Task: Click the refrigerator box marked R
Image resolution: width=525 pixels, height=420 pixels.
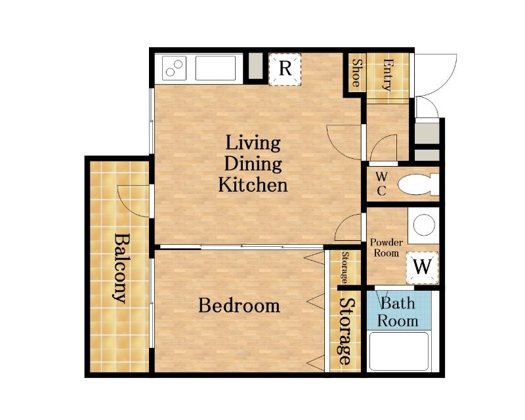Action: point(285,69)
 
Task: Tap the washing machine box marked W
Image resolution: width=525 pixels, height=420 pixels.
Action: point(422,267)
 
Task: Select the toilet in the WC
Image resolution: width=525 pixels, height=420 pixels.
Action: point(418,184)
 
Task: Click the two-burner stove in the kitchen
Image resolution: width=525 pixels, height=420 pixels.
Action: point(174,68)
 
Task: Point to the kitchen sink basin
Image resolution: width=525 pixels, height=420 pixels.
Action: point(215,68)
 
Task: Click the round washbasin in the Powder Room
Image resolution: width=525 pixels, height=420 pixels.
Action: point(424,224)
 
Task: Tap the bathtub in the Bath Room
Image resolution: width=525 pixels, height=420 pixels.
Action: point(399,351)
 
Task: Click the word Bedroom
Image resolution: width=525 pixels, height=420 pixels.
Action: point(240,305)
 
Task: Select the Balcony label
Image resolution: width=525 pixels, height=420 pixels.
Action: point(120,268)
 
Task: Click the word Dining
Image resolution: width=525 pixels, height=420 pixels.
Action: point(253,164)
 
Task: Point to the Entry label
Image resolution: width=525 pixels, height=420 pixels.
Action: point(388,75)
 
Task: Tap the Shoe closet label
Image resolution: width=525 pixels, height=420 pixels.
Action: point(356,73)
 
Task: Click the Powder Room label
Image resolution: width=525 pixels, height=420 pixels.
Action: point(387,247)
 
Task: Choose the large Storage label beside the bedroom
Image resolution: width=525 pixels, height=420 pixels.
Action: point(346,331)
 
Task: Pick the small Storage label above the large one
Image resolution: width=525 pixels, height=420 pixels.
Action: point(345,267)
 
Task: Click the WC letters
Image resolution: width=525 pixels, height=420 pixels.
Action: point(381,184)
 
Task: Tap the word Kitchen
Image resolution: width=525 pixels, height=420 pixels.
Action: point(253,185)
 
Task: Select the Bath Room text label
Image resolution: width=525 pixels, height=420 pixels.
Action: point(398,312)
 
